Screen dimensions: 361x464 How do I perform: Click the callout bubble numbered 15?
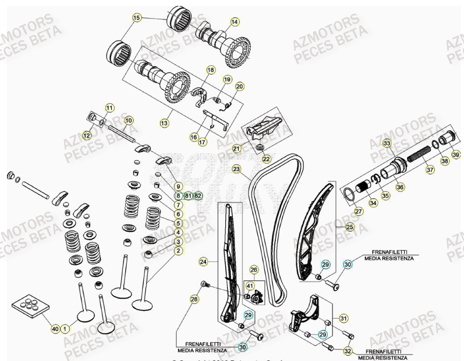tap(136, 18)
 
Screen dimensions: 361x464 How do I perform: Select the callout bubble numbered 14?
tap(234, 22)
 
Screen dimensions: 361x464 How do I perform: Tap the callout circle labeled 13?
tap(164, 123)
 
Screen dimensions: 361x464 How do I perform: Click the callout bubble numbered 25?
tap(350, 227)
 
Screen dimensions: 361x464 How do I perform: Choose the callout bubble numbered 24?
tap(203, 262)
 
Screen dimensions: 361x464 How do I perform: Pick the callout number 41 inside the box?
tap(250, 286)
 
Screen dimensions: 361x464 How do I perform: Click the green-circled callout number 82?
tap(198, 195)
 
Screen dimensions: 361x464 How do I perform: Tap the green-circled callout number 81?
tap(188, 195)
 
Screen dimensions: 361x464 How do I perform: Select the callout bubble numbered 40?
tap(54, 328)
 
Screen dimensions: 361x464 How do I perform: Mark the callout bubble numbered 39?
tap(456, 155)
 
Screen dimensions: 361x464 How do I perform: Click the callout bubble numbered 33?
tap(386, 143)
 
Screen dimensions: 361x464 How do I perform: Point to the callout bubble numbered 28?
tap(194, 299)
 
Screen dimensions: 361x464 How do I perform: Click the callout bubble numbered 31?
tap(343, 318)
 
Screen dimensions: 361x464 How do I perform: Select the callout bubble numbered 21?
tap(237, 148)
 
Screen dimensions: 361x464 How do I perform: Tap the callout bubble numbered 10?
tap(128, 121)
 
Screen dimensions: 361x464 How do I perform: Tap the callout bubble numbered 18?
tap(210, 70)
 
